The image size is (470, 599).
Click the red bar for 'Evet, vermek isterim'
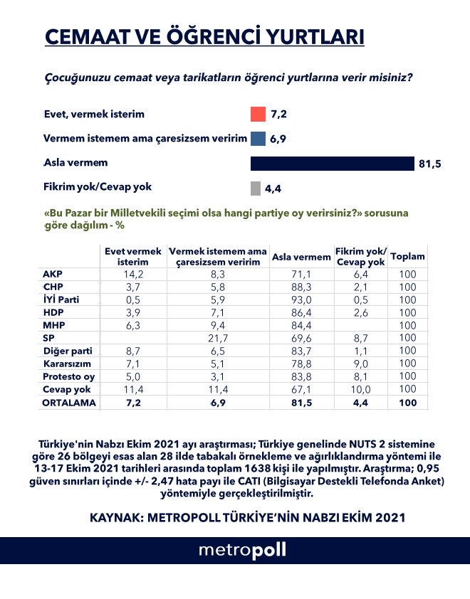(x=258, y=115)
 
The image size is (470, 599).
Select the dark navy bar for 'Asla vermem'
(x=332, y=164)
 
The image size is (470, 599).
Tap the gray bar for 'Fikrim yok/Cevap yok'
(x=255, y=189)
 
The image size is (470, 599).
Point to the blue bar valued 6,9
(x=258, y=139)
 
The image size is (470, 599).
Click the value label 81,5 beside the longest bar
(x=430, y=164)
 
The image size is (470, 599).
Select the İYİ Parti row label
(x=62, y=299)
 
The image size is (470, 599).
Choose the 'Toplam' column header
(x=408, y=257)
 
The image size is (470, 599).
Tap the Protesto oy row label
(x=66, y=376)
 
